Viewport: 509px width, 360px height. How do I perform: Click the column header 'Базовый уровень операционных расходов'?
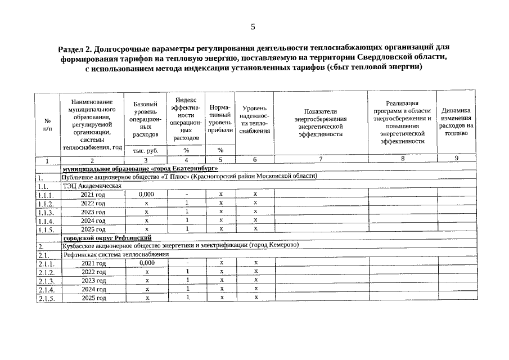[x=146, y=120]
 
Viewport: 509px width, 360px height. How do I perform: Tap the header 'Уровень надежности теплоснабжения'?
[x=254, y=119]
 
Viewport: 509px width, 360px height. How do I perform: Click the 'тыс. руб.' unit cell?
[x=146, y=150]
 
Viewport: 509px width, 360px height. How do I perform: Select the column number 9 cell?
[x=457, y=159]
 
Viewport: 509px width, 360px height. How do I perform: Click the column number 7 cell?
[x=321, y=159]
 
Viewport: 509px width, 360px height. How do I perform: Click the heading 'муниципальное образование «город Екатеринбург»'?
[x=140, y=168]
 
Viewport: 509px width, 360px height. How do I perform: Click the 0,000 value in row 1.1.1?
[x=146, y=194]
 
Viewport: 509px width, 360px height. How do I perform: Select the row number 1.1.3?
[x=47, y=213]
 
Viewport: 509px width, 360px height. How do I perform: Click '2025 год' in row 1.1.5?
[x=93, y=229]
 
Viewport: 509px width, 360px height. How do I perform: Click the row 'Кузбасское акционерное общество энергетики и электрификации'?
[x=180, y=245]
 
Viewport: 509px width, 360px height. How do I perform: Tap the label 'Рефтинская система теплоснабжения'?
[x=116, y=254]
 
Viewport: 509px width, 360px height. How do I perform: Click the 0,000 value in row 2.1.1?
[x=146, y=263]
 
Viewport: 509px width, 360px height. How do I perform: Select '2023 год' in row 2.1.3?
[x=93, y=281]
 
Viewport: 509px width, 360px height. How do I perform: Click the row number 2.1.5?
[x=47, y=298]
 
